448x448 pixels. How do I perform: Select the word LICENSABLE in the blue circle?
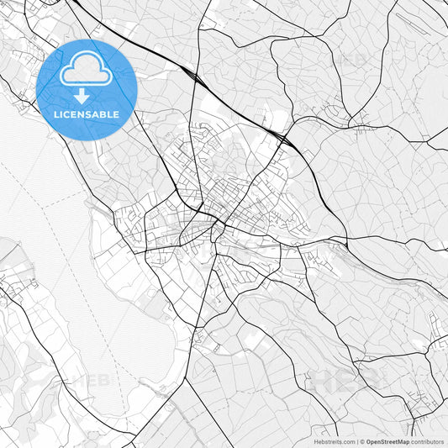click(x=87, y=114)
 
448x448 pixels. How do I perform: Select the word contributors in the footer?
click(x=428, y=441)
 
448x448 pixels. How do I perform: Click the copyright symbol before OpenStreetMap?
click(x=362, y=441)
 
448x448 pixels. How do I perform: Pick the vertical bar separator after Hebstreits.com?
click(x=357, y=441)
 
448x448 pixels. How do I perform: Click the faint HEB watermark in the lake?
click(x=93, y=380)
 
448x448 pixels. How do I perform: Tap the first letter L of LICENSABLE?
click(x=56, y=114)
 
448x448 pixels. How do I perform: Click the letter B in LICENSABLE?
click(x=105, y=114)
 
